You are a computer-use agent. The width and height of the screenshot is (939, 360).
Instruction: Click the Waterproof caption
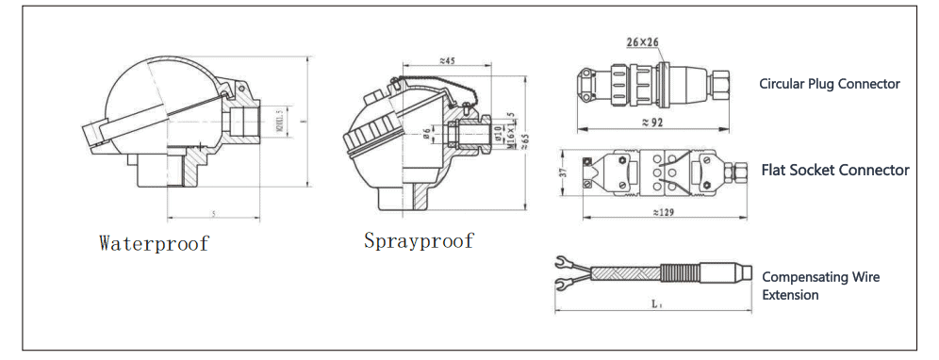click(154, 243)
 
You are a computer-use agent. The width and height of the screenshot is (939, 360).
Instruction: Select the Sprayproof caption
click(419, 241)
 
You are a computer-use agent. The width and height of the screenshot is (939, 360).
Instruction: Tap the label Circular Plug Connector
click(830, 84)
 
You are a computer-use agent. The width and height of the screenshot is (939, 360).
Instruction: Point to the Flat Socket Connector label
click(835, 171)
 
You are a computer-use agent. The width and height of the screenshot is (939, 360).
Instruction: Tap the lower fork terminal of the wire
click(567, 281)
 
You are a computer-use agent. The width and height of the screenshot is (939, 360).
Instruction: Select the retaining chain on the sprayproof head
click(443, 85)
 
